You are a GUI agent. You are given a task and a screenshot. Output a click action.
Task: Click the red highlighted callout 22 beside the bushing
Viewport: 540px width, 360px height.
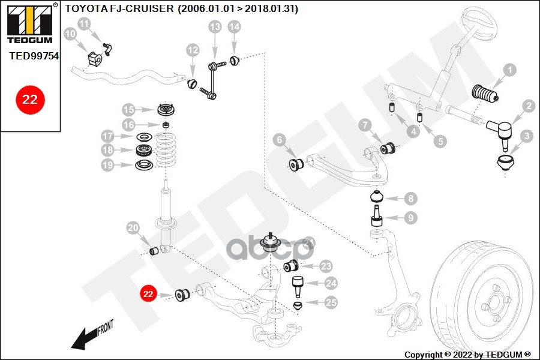(x=148, y=294)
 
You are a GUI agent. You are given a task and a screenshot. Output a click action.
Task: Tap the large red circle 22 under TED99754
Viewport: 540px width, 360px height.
(x=29, y=98)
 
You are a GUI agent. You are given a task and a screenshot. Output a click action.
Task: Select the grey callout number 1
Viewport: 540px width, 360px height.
(x=509, y=70)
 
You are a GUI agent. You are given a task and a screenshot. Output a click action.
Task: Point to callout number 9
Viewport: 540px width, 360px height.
(x=410, y=218)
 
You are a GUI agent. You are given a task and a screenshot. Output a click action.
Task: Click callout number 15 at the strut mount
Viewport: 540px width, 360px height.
(x=128, y=110)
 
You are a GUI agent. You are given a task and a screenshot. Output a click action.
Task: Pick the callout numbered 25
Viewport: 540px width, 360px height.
(x=331, y=304)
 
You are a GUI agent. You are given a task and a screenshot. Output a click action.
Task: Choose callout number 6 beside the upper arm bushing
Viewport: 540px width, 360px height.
(x=278, y=140)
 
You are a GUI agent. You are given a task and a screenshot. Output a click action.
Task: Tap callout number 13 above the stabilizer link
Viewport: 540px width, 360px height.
(x=215, y=26)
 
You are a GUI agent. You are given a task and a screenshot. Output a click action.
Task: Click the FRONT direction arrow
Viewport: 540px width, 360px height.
(x=90, y=336)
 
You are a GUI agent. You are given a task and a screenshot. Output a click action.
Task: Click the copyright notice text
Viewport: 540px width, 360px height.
(x=467, y=354)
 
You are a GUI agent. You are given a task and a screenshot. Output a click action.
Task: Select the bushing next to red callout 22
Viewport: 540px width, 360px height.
(x=182, y=294)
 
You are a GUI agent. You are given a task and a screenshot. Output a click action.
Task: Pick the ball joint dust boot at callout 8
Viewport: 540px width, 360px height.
(x=377, y=197)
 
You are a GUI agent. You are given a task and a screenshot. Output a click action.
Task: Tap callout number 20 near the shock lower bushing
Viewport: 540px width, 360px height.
(x=133, y=228)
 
